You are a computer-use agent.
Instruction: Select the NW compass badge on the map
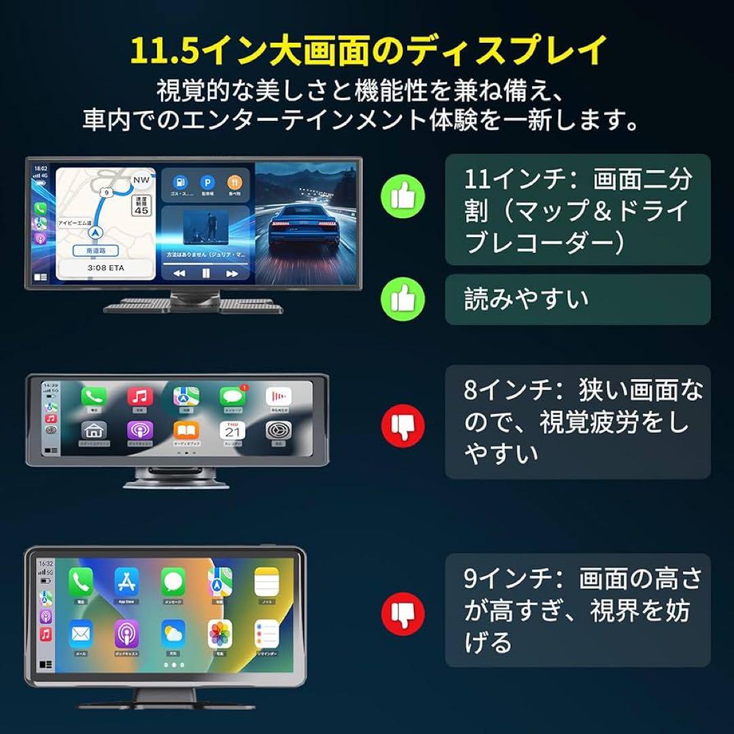coord(141,180)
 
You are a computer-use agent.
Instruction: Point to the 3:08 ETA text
coord(105,268)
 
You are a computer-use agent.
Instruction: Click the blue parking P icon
coord(207,182)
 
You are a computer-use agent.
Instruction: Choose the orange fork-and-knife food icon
coord(234,182)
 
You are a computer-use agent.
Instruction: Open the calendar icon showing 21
coord(232,431)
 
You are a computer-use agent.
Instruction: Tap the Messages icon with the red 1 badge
coord(232,396)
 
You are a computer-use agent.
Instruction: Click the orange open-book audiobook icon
coord(186,431)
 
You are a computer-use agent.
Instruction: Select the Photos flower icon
coord(220,633)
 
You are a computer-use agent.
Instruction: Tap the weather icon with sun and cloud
coord(173,633)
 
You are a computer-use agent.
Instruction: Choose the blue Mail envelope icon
coord(81,633)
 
